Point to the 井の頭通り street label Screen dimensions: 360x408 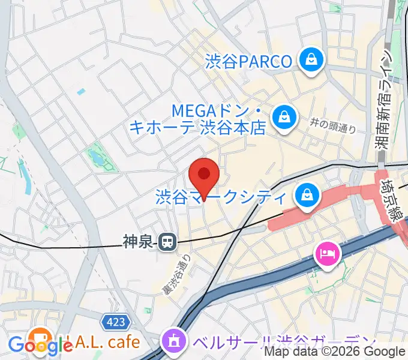point(333,125)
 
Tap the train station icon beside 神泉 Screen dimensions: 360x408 point(167,242)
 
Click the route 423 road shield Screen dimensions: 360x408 point(115,323)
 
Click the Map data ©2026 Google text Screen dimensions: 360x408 point(335,352)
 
